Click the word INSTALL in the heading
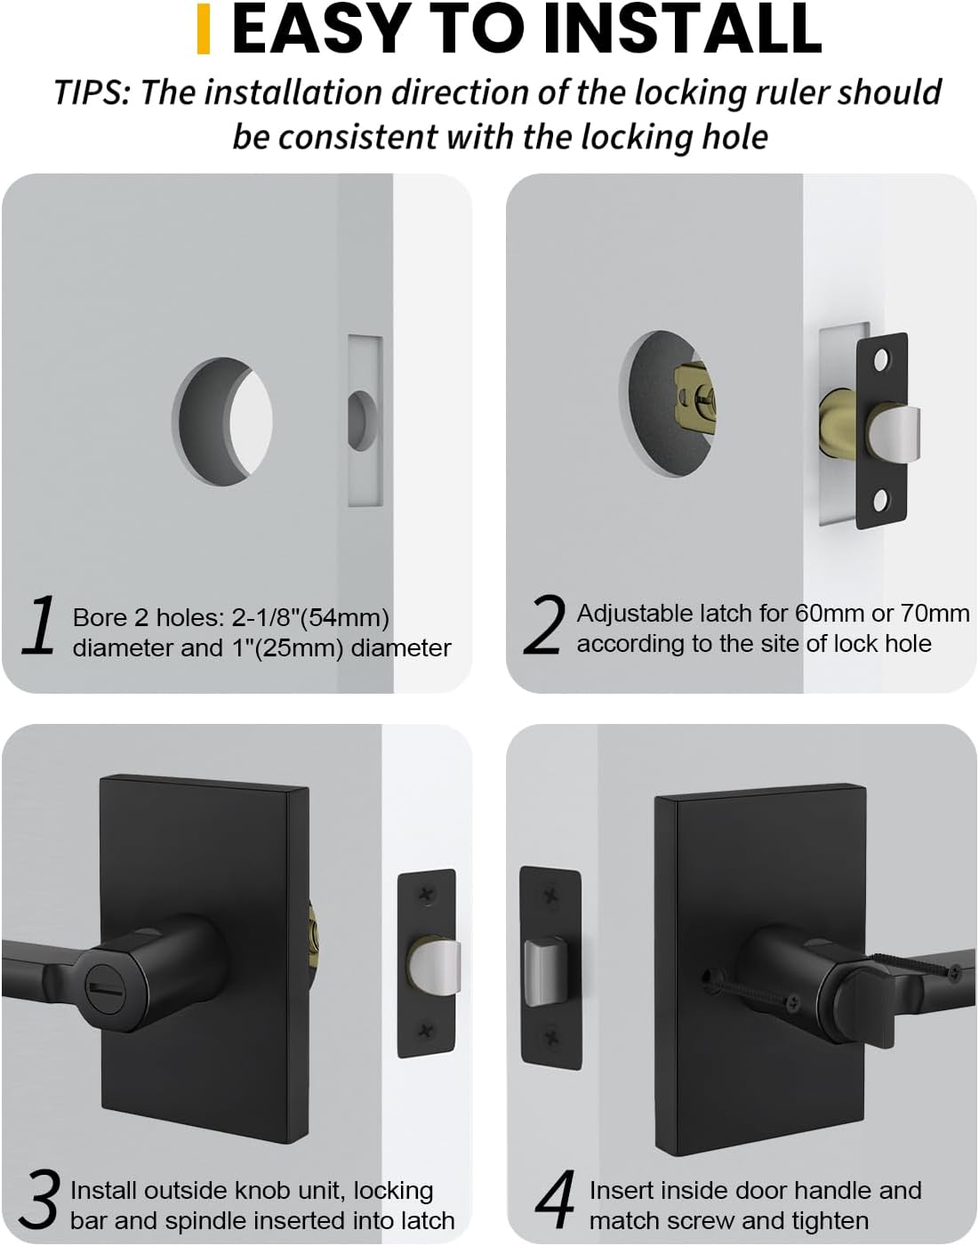tap(683, 28)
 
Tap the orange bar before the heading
tap(203, 28)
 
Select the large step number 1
tap(39, 627)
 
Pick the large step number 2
tap(544, 624)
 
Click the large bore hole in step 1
tap(222, 421)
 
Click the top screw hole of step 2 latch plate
tap(881, 360)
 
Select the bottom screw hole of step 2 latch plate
tap(881, 501)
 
